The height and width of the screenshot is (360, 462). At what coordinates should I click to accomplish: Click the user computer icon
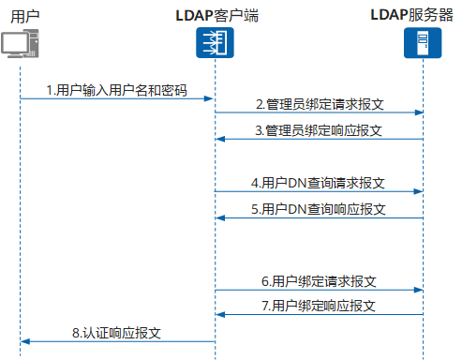[x=21, y=43]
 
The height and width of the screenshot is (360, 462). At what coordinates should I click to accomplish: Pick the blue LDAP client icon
[x=215, y=43]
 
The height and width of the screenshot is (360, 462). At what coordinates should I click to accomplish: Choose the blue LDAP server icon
[x=423, y=43]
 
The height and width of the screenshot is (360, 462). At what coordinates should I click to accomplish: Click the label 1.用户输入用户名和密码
[x=116, y=90]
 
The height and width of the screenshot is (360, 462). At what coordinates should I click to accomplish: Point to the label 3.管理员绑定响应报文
[x=320, y=130]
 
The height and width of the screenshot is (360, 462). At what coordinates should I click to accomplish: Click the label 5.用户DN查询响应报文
[x=319, y=208]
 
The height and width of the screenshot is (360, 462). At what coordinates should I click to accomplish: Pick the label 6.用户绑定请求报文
[x=319, y=280]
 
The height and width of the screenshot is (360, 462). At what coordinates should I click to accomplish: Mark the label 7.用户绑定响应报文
[x=319, y=307]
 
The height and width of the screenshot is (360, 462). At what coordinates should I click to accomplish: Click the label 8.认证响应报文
[x=116, y=332]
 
